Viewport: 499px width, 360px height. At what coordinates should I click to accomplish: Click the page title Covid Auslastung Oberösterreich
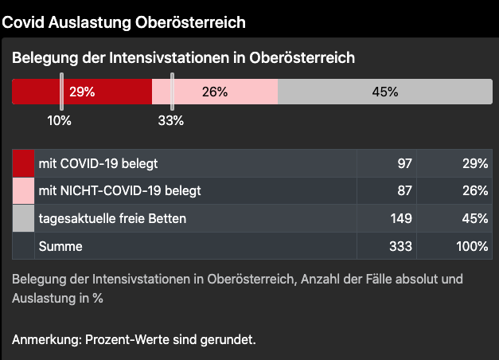123,22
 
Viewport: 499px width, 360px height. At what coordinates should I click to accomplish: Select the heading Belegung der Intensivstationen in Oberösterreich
183,58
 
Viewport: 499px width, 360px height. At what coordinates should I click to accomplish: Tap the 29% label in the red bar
82,92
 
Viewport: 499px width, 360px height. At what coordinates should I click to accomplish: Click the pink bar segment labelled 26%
215,92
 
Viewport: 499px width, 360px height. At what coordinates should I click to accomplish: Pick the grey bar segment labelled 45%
385,92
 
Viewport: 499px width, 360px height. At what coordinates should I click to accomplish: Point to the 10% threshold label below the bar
59,121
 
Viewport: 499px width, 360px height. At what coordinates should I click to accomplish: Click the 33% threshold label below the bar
171,121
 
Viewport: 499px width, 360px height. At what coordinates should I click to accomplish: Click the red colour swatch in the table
23,163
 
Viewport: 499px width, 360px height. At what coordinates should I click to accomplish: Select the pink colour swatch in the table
23,191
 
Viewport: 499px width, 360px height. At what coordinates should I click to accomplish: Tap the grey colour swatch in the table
23,218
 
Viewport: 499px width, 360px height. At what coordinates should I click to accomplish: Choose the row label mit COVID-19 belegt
98,163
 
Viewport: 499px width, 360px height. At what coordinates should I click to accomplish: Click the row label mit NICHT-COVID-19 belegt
119,191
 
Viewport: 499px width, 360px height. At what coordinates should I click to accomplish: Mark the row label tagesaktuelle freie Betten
112,218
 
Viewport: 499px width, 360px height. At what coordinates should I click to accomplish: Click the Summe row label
60,246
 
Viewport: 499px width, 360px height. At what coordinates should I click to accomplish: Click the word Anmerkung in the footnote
45,340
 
